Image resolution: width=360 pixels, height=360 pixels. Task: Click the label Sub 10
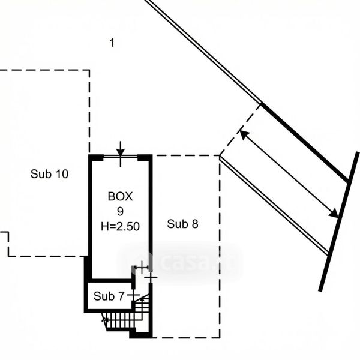pos(49,175)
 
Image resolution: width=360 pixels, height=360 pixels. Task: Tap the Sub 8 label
pos(182,224)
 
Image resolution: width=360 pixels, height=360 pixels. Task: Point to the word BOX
pos(120,196)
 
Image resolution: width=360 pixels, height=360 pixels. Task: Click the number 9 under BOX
pos(120,211)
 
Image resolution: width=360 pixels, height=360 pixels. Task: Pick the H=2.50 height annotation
pos(120,226)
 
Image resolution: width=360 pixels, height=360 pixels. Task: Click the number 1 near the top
pos(112,42)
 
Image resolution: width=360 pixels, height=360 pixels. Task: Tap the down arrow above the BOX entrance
pos(121,148)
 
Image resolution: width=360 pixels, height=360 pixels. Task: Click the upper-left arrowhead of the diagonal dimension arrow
pos(243,134)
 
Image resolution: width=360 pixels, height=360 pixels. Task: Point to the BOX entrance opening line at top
pos(120,157)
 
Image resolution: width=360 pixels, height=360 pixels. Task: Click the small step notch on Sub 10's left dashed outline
pos(8,244)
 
